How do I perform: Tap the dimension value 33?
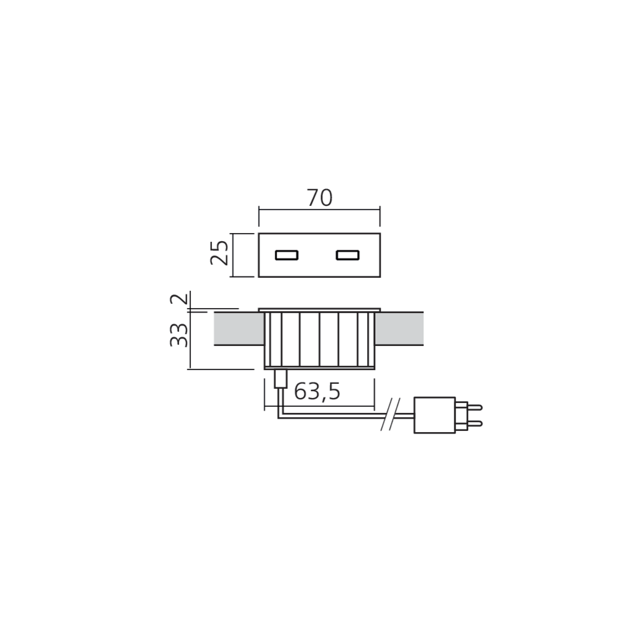click(179, 335)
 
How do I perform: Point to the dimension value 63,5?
click(317, 392)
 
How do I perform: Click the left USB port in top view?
click(286, 255)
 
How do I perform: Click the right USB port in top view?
click(348, 255)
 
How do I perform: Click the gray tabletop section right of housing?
click(401, 329)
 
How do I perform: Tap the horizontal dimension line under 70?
click(319, 211)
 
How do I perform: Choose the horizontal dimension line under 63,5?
click(319, 407)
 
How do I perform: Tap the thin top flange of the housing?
click(319, 309)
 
